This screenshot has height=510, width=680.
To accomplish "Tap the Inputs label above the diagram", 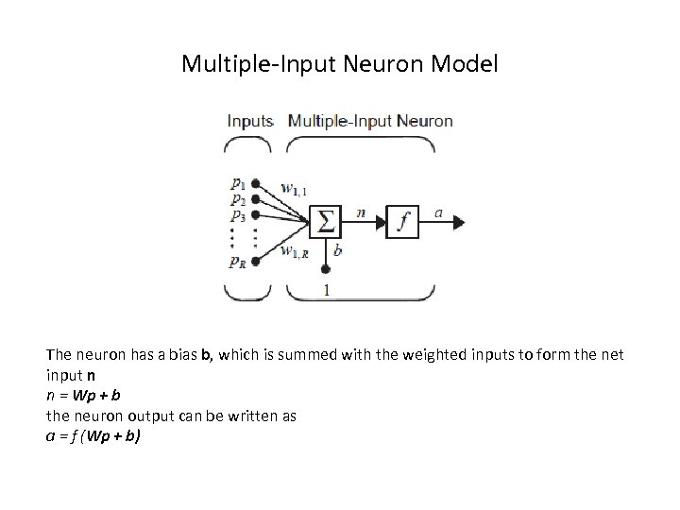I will (x=250, y=121).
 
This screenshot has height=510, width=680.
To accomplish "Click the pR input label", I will (x=237, y=263).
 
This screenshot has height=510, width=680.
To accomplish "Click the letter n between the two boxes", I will (x=362, y=212).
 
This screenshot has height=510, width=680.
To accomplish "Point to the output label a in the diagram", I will (x=438, y=212).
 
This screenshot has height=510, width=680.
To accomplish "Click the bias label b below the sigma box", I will (x=338, y=251).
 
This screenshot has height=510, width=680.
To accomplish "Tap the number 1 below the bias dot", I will (x=326, y=291).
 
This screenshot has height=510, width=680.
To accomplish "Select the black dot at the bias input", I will (x=325, y=269).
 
